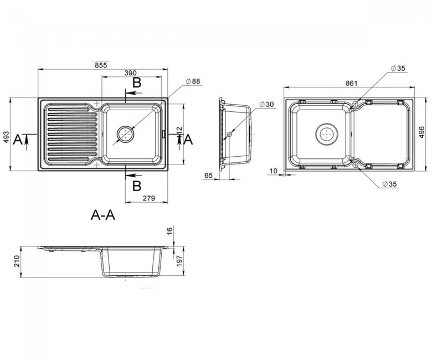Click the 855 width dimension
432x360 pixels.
click(x=101, y=65)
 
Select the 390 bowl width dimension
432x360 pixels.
click(x=130, y=73)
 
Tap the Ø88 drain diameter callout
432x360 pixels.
click(x=193, y=81)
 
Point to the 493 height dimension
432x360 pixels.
click(x=6, y=137)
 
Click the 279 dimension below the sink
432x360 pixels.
click(x=149, y=198)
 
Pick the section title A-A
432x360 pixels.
click(x=103, y=215)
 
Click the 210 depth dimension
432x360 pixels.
click(x=17, y=261)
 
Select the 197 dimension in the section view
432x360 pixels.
click(x=179, y=260)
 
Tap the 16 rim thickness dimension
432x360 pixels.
click(x=169, y=230)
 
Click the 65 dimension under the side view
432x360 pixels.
click(x=209, y=175)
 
